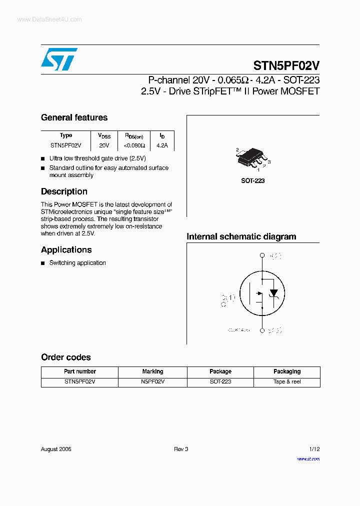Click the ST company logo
point(59,59)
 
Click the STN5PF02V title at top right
point(286,66)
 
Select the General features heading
point(74,117)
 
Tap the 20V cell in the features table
point(104,145)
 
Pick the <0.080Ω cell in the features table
point(134,145)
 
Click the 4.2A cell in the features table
point(162,145)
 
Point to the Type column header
point(66,135)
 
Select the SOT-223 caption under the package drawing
point(252,180)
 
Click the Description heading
point(64,191)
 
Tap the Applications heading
point(66,249)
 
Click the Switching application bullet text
point(77,263)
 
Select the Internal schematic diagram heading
point(241,236)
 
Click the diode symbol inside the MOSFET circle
point(273,293)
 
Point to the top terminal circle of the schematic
point(261,255)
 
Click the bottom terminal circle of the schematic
point(261,330)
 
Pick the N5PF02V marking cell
point(152,381)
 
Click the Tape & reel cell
point(287,381)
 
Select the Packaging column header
point(287,371)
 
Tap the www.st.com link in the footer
point(308,458)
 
